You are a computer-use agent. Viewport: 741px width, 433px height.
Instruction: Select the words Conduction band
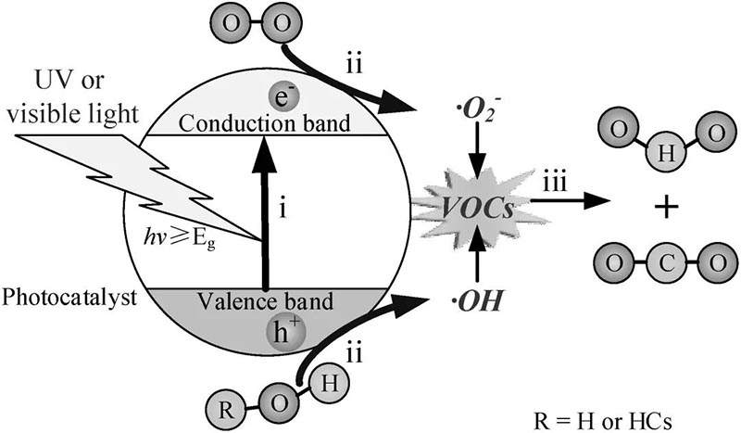click(264, 121)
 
